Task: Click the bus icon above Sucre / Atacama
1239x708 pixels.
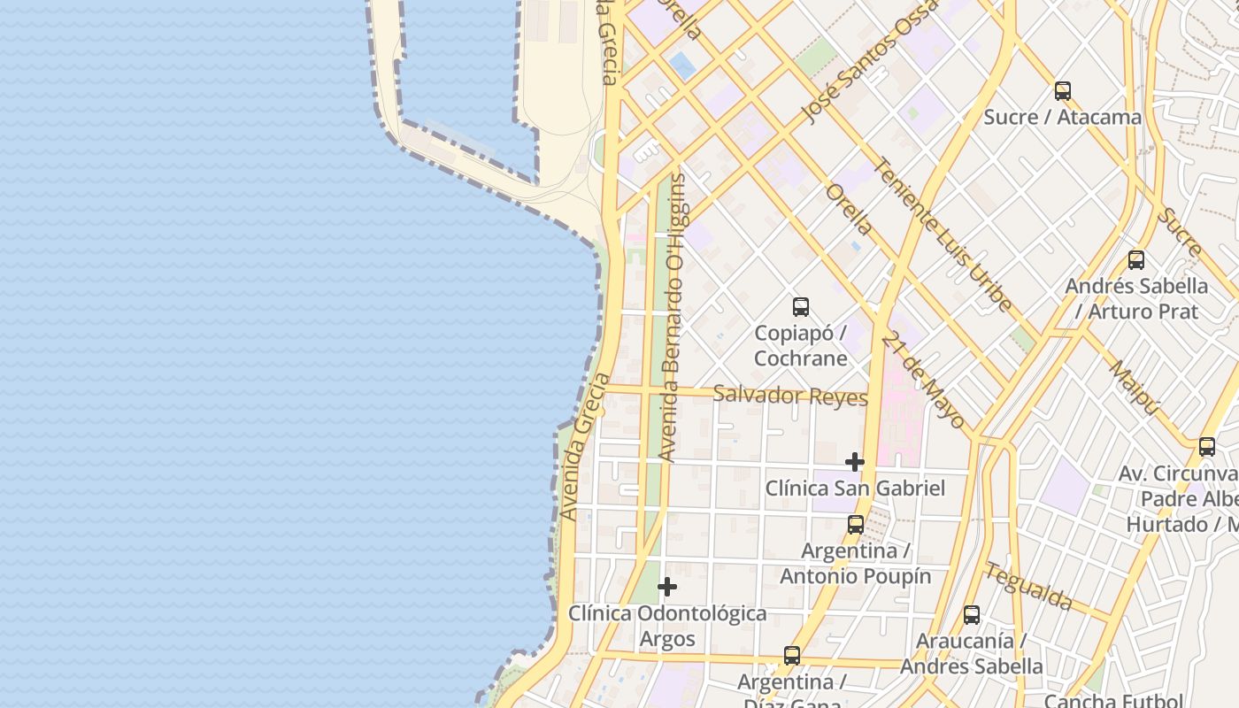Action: (1062, 90)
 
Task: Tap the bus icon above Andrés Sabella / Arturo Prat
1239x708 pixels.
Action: (1136, 260)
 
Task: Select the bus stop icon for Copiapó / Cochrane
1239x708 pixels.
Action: (801, 307)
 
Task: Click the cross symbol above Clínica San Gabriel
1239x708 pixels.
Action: (854, 462)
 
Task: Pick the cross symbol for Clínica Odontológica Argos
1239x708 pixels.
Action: (667, 587)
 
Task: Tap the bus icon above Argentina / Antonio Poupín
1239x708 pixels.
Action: (855, 524)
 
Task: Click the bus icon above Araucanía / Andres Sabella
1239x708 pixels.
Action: (971, 614)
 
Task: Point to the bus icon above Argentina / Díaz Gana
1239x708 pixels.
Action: (792, 656)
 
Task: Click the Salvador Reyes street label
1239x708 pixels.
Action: (789, 396)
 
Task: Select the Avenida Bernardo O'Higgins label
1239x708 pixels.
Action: (675, 317)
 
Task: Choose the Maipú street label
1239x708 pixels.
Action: (1134, 387)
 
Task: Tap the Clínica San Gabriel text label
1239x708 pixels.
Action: (855, 488)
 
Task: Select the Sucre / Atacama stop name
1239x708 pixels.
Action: (1062, 117)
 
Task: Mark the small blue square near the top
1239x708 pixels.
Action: (682, 64)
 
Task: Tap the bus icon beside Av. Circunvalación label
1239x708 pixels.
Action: (1207, 447)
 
